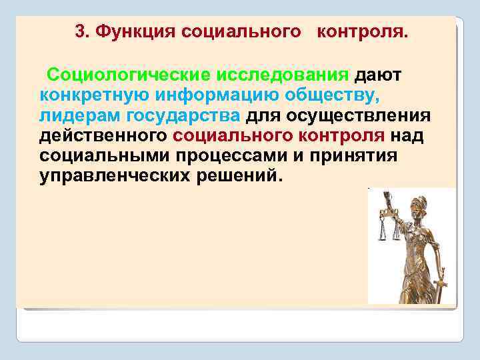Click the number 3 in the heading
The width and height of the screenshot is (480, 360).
click(80, 31)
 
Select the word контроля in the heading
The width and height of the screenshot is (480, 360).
click(360, 31)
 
